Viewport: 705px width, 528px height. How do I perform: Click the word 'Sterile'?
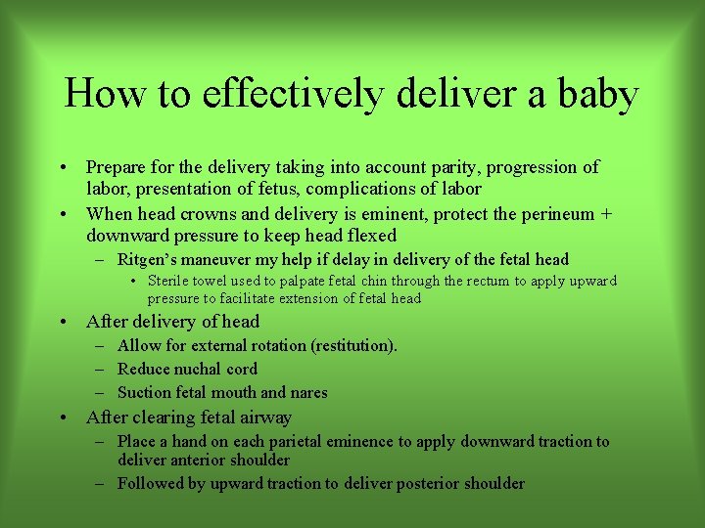coord(168,281)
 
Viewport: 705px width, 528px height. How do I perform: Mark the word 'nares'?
coord(306,392)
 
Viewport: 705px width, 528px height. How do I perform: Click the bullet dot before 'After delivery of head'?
coord(64,322)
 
